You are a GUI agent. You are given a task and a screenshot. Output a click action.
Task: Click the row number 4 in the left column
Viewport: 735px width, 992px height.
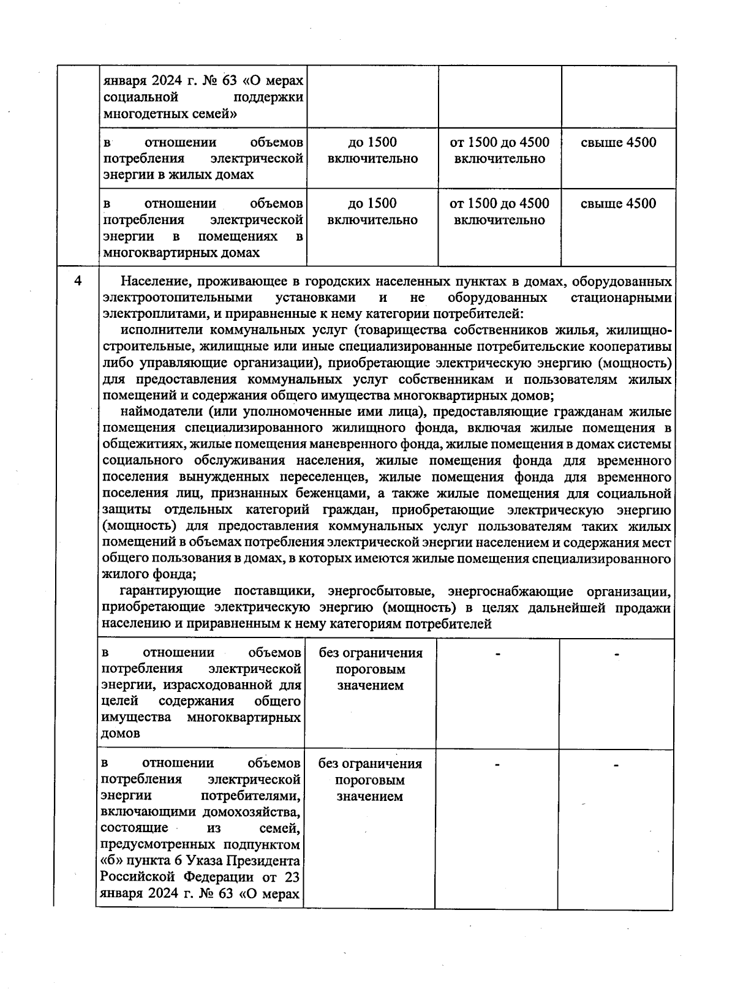(x=77, y=282)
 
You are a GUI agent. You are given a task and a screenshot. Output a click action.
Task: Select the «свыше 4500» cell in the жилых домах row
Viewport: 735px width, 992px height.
(x=618, y=143)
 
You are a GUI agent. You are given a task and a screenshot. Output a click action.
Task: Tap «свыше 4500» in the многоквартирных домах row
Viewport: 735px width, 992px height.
(x=618, y=203)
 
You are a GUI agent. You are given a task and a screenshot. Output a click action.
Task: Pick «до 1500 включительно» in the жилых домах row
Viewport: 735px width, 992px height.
(x=372, y=151)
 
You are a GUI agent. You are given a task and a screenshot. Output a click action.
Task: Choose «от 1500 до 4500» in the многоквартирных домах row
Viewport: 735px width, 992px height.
(x=499, y=203)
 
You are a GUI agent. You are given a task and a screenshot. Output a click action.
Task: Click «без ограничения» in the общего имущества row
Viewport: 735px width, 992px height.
(x=371, y=653)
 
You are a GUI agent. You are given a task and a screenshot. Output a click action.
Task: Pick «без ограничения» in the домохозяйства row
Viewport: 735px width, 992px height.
(x=370, y=764)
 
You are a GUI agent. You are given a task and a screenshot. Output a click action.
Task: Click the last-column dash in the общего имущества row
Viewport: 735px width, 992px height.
(x=617, y=655)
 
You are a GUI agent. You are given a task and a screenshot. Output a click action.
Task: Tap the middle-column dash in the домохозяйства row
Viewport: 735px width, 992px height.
(x=497, y=765)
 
